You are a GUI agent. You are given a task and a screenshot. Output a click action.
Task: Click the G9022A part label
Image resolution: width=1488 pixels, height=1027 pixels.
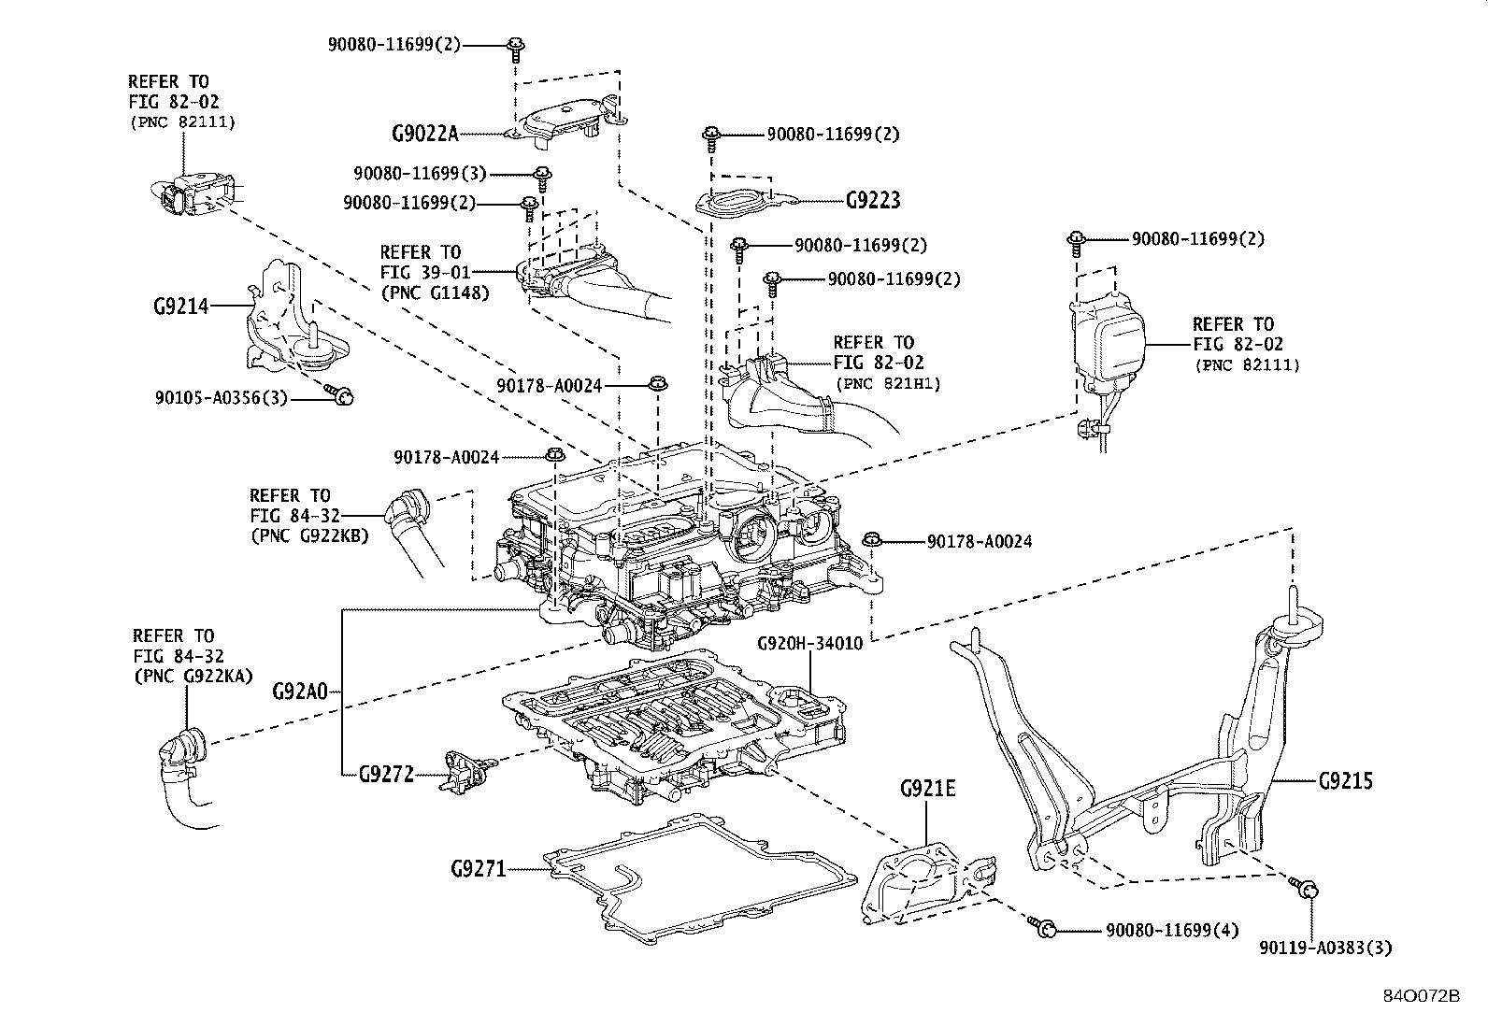[x=424, y=134]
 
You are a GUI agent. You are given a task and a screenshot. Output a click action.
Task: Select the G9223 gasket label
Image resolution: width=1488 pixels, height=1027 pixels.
[x=873, y=201]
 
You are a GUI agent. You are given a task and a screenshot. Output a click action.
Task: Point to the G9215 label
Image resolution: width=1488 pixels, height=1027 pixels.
[x=1346, y=780]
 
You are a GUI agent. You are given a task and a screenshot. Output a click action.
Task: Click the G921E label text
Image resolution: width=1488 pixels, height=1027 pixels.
[x=927, y=789]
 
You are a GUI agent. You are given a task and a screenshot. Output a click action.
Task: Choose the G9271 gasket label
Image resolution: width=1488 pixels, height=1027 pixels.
[x=478, y=870]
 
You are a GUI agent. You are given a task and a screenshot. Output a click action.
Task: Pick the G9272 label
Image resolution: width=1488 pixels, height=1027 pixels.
[x=386, y=775]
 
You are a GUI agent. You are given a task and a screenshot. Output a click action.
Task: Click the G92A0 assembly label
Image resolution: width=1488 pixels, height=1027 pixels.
[x=300, y=692]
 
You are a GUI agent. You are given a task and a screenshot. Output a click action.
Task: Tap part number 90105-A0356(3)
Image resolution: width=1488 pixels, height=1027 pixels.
[x=222, y=399]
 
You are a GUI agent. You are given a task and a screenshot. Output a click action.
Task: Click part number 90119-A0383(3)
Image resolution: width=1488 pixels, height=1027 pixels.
[x=1325, y=948]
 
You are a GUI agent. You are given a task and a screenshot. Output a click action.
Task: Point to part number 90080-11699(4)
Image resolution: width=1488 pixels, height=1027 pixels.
[x=1172, y=931]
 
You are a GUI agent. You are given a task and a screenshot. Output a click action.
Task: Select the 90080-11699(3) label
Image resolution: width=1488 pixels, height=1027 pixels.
[x=420, y=174]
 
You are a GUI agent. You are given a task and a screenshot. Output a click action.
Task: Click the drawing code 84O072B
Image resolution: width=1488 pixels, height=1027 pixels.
[x=1422, y=994]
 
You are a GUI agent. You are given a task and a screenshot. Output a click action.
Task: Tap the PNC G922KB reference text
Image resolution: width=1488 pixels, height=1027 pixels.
[x=309, y=535]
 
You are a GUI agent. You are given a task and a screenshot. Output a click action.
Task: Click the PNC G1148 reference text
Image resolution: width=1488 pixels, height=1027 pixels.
[x=435, y=292]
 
